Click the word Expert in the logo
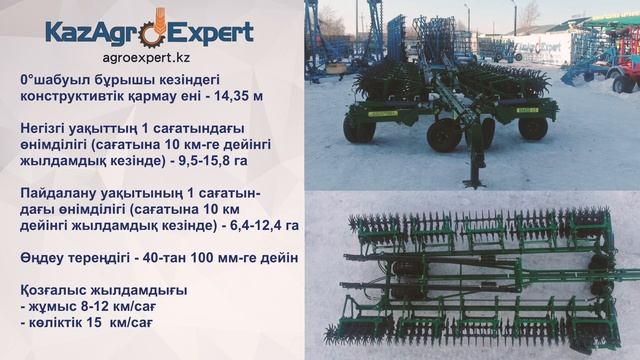point(215,33)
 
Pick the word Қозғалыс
point(55,292)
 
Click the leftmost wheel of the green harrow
point(358,128)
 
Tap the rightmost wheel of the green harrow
point(533,127)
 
